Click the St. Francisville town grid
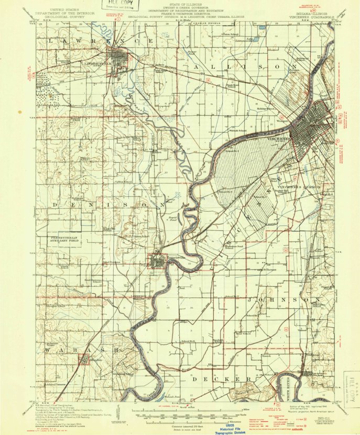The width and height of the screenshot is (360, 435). [x=157, y=260]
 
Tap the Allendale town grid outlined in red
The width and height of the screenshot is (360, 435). [x=83, y=360]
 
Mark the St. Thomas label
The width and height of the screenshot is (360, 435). [x=269, y=270]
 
